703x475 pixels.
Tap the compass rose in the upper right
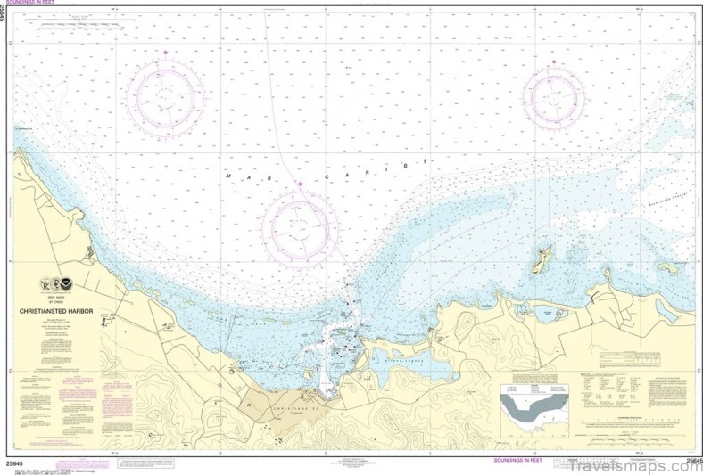coord(554,96)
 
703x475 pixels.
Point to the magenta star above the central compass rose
coord(301,184)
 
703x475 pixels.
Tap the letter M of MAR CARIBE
coord(228,177)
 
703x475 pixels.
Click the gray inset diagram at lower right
coord(533,408)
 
